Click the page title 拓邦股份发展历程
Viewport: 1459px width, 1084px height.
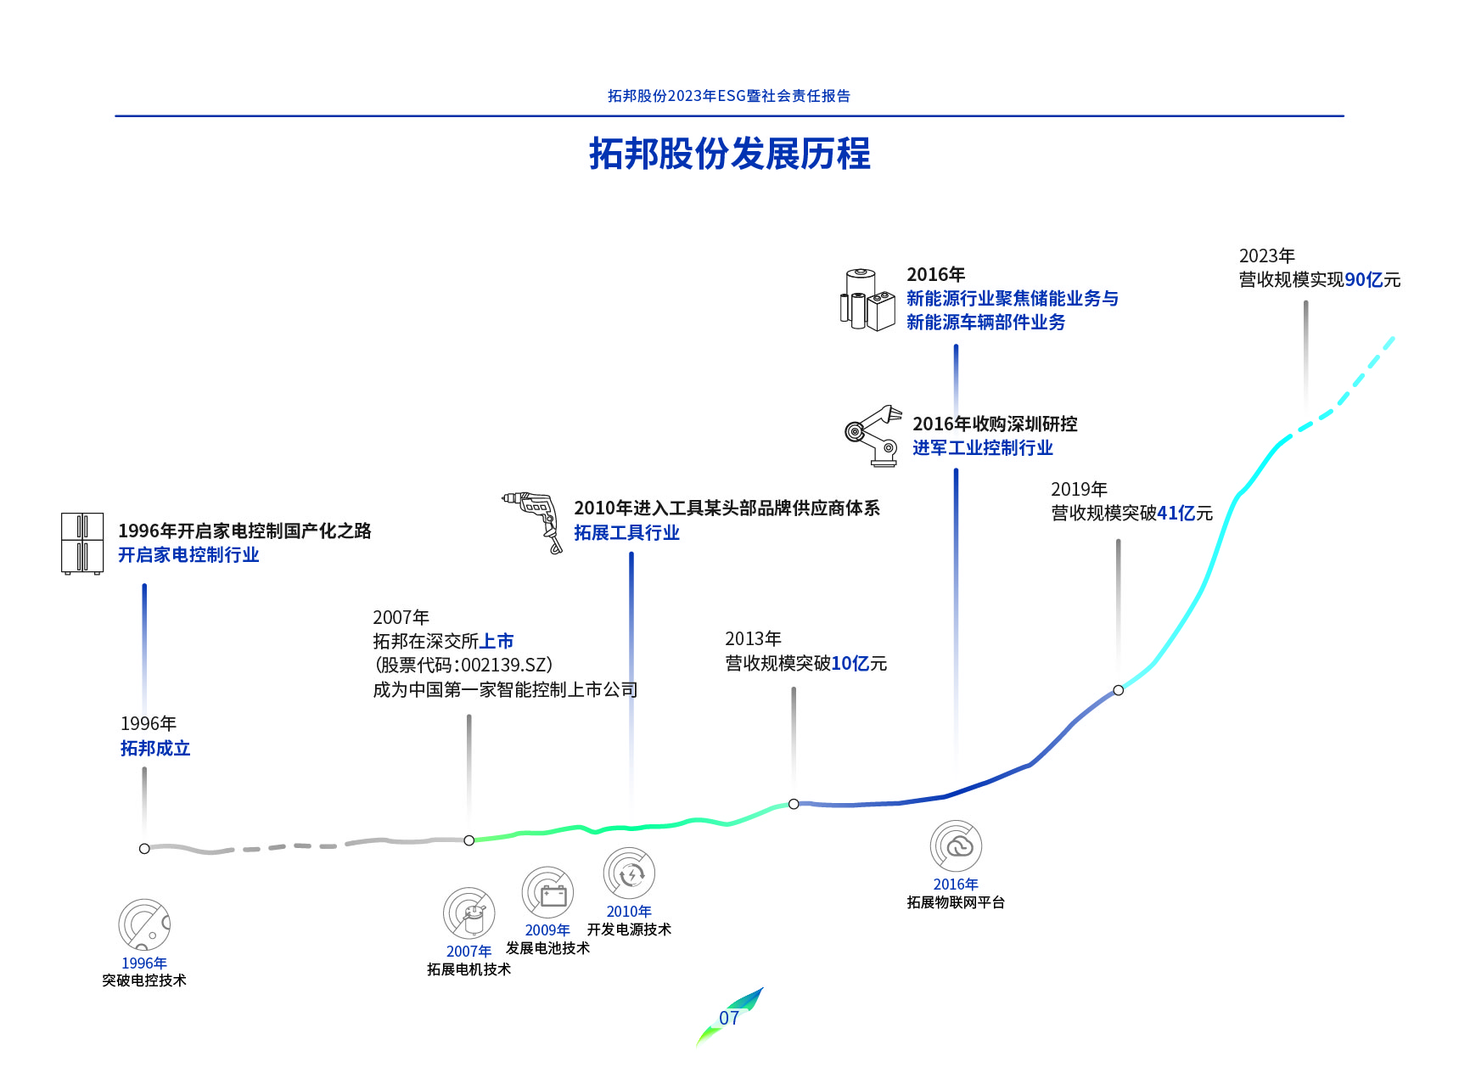[x=729, y=154]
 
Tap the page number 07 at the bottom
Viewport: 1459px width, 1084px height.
[x=729, y=1018]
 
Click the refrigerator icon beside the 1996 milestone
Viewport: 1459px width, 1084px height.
[x=82, y=543]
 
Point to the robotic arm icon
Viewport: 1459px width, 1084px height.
[x=873, y=435]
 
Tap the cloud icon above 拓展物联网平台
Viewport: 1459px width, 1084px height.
[x=957, y=845]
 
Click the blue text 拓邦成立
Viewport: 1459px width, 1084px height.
[x=155, y=748]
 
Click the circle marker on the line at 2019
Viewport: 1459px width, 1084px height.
[x=1118, y=690]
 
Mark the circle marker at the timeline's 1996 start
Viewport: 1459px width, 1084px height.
[x=144, y=848]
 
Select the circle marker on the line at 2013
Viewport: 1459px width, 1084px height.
[x=794, y=804]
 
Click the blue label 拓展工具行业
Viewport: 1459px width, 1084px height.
[x=626, y=532]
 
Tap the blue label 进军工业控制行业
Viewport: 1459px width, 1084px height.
[x=982, y=447]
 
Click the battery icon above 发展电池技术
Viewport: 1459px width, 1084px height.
[x=548, y=893]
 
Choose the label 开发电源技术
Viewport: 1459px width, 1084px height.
[x=629, y=930]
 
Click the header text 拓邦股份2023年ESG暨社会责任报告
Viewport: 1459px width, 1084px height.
[x=729, y=96]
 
